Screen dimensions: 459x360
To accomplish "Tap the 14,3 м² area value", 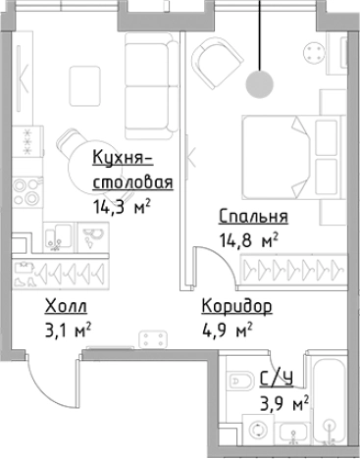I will [x=121, y=207].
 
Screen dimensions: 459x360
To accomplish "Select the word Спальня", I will [x=253, y=218].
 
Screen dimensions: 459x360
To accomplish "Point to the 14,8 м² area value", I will [x=247, y=237].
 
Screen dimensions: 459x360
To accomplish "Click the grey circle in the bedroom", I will [x=260, y=85].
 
